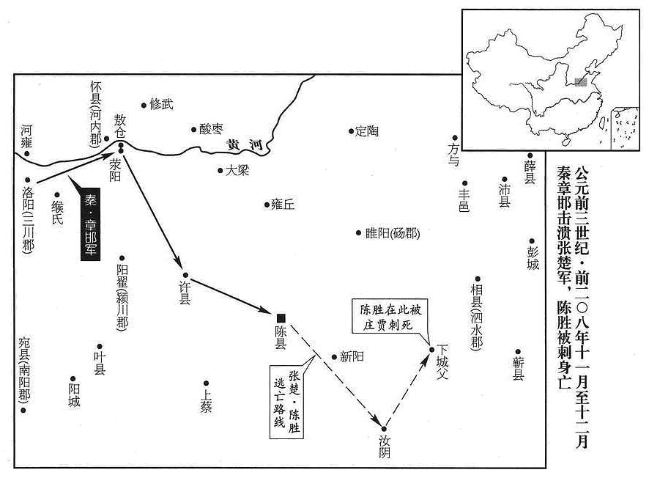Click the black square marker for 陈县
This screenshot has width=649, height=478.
pos(281,318)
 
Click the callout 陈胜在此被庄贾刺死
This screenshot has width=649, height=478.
pos(390,316)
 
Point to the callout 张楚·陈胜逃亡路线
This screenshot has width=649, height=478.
pos(286,401)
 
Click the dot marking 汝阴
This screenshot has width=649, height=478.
pos(384,429)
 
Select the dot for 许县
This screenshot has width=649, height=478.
pos(185,275)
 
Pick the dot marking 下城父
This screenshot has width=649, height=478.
pos(431,350)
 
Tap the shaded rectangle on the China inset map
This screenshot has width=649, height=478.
pos(581,81)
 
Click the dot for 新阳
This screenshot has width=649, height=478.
pos(334,357)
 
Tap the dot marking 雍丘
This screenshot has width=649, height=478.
pos(267,205)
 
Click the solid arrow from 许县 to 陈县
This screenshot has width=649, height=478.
pos(231,295)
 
